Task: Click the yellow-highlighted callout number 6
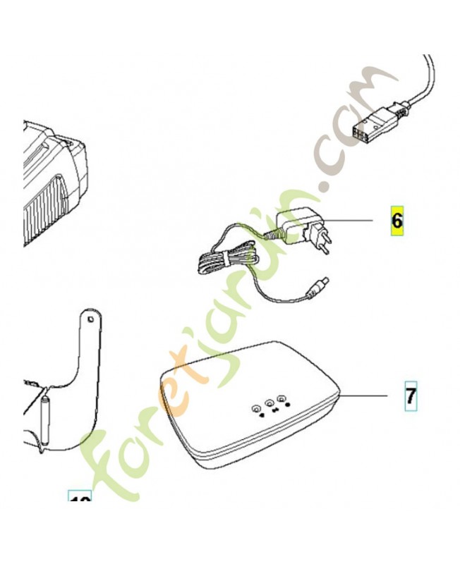397,221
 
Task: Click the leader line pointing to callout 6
349,221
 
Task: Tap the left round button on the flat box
255,407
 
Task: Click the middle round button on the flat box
269,403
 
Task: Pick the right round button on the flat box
282,398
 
